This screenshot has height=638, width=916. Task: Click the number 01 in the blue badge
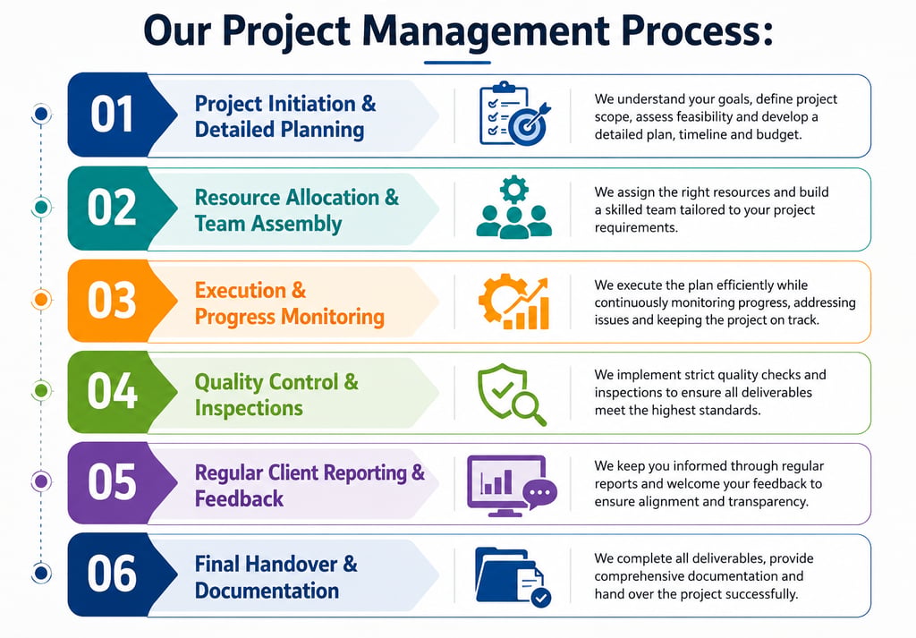tap(112, 114)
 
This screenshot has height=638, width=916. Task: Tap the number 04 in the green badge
tap(112, 391)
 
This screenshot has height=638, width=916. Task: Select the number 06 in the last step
tap(112, 574)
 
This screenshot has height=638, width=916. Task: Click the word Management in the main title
tap(486, 31)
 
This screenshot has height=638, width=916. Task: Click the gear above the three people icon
tap(514, 190)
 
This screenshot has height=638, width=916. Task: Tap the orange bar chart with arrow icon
tap(514, 302)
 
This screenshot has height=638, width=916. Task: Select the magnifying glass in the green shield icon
tap(528, 407)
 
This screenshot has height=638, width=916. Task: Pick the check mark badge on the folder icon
tap(541, 597)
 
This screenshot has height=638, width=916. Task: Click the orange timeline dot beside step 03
tap(41, 300)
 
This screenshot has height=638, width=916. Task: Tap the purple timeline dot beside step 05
tap(41, 481)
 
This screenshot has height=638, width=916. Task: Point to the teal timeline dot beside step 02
tap(41, 207)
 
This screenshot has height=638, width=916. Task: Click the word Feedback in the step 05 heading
tap(239, 499)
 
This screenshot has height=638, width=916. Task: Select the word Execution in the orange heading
tap(240, 291)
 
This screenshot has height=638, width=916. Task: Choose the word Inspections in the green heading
tap(249, 408)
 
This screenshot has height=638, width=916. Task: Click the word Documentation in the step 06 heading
tap(267, 591)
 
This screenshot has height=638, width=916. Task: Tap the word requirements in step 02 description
tap(636, 228)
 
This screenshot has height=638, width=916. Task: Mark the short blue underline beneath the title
tap(457, 62)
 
